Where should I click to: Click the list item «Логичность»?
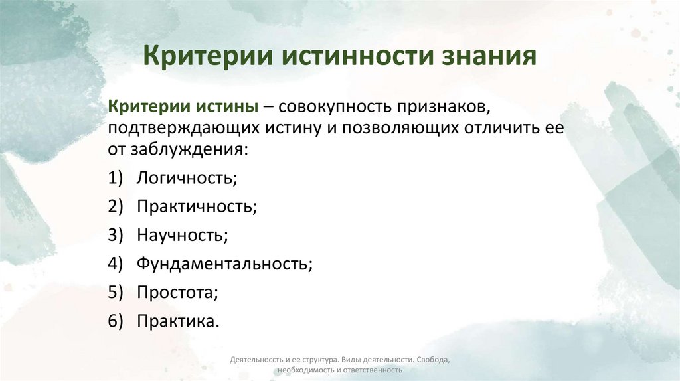pos(187,178)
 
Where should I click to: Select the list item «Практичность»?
pos(197,206)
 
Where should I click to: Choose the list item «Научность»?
pos(182,235)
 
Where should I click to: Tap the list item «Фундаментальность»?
pos(224,264)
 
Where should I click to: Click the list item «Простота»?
pos(177,292)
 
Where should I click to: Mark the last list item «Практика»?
pos(177,321)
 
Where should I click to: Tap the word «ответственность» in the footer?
pos(373,370)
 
